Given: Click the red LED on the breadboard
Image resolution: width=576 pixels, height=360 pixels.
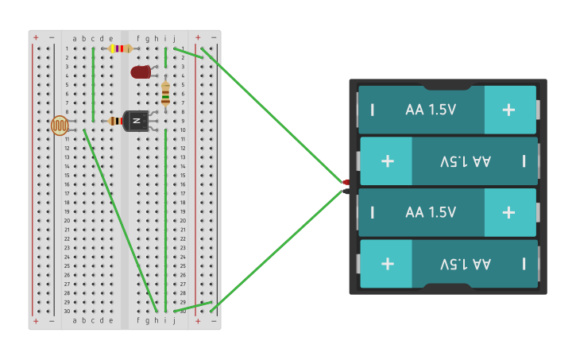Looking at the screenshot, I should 141,72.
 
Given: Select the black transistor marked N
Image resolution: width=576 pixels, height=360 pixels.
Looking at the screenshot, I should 136,121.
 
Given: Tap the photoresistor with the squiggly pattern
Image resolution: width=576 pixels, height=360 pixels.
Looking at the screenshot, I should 60,126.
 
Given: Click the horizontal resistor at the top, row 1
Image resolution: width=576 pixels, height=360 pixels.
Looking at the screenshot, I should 120,48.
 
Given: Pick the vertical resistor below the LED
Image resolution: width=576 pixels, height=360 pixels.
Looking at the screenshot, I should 165,94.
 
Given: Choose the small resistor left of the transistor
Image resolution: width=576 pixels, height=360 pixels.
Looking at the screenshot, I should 115,121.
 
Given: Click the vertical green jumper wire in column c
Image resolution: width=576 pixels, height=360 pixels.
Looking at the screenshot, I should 93,83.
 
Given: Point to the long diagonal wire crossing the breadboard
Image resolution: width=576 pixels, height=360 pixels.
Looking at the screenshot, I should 119,219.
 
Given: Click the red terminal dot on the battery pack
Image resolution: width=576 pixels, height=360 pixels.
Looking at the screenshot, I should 346,183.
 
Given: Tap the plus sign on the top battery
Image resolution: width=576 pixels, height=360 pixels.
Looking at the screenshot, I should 509,110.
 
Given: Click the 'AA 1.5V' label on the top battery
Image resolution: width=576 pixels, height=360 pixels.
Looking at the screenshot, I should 431,110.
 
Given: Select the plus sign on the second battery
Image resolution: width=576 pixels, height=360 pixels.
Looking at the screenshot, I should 387,161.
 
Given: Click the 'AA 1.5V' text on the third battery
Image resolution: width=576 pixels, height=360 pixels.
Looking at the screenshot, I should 431,212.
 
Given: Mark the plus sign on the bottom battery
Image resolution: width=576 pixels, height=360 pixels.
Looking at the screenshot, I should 387,263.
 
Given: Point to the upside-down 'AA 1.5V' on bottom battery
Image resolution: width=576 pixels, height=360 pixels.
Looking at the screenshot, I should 465,263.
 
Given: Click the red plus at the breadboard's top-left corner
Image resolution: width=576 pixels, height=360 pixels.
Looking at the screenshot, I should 36,37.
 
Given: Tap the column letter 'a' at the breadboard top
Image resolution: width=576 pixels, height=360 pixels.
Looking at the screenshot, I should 75,38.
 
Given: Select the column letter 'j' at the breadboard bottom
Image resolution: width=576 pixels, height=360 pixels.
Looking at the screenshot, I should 174,320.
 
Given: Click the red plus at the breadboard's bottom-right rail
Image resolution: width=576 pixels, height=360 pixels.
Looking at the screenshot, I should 198,321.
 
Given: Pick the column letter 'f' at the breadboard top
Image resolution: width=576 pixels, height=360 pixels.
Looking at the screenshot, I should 138,38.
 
